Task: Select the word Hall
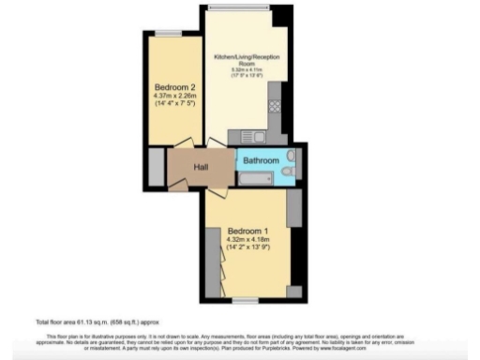201,168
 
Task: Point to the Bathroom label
261,160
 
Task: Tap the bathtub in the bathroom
262,171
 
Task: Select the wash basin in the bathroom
292,156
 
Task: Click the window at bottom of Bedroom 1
246,301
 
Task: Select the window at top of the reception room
238,7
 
